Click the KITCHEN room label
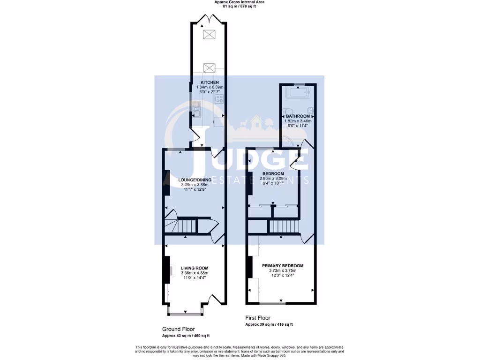coord(209,82)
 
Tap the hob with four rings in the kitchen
coord(218,99)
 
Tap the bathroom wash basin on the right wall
coord(311,112)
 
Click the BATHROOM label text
coord(298,116)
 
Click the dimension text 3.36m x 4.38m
coord(194,273)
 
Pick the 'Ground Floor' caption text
coord(178,329)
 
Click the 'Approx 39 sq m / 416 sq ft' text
coord(270,324)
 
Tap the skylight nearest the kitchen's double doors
coord(209,34)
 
